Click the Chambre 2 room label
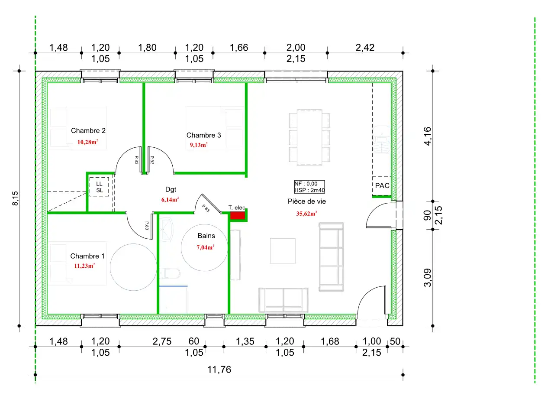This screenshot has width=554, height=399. click(x=88, y=130)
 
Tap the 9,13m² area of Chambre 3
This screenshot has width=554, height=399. click(x=199, y=145)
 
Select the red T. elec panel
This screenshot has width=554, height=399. click(x=238, y=215)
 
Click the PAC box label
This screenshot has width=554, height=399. click(x=382, y=185)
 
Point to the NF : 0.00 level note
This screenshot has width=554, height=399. click(x=306, y=184)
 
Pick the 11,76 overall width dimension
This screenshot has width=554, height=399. click(x=219, y=370)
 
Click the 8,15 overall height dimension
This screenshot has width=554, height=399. click(x=15, y=198)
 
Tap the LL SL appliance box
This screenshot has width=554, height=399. click(x=99, y=187)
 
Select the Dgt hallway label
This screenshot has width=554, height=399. click(x=171, y=189)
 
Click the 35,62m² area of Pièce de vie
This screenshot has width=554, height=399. click(x=307, y=213)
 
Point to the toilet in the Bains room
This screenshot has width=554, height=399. click(x=170, y=273)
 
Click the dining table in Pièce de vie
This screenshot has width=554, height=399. click(x=309, y=137)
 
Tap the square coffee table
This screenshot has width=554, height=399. click(x=283, y=251)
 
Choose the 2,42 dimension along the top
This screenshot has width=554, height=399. click(x=365, y=48)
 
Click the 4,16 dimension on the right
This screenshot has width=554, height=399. click(x=427, y=136)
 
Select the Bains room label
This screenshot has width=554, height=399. click(x=206, y=236)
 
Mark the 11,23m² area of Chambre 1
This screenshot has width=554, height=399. click(x=84, y=266)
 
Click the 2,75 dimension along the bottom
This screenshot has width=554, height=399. click(x=162, y=341)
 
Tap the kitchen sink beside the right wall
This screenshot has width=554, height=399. click(x=382, y=139)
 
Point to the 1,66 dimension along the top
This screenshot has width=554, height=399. click(x=238, y=48)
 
